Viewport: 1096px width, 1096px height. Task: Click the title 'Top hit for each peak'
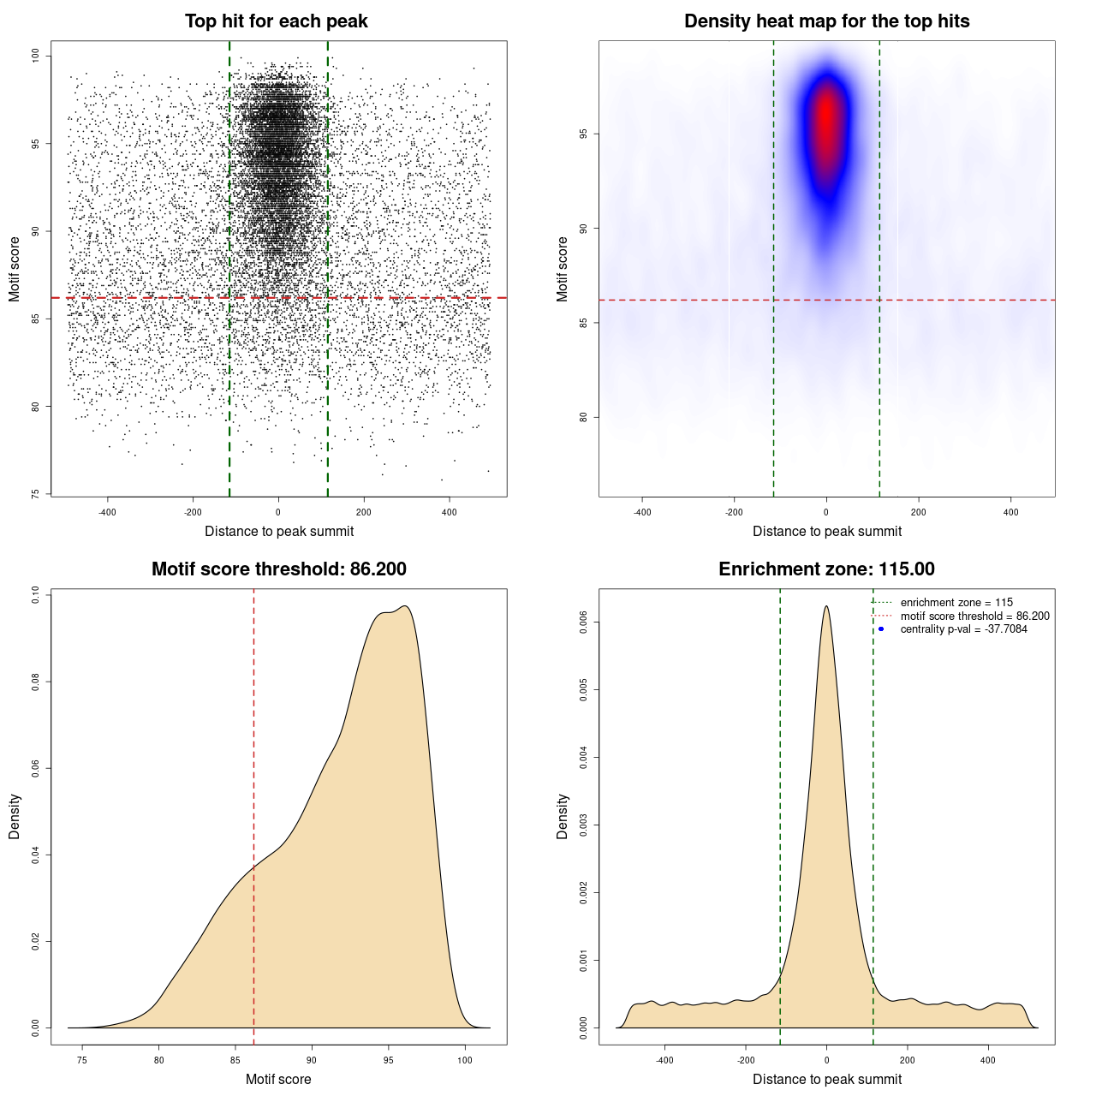(x=276, y=21)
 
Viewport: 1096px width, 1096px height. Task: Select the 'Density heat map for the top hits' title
(x=826, y=21)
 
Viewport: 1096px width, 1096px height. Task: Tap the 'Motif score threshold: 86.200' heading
(x=278, y=569)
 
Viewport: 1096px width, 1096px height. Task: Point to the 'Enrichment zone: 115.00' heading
(x=826, y=569)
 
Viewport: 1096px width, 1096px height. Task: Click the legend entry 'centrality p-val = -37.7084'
(x=963, y=629)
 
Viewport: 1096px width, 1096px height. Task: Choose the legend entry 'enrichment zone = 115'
(x=956, y=603)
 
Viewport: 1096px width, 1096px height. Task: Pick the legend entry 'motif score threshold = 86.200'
(x=974, y=616)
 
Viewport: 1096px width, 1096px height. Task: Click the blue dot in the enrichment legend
(x=881, y=629)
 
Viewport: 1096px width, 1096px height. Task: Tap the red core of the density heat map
(x=826, y=116)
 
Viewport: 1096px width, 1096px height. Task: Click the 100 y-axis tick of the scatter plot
(x=36, y=56)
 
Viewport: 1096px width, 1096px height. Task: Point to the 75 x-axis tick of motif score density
(x=82, y=1060)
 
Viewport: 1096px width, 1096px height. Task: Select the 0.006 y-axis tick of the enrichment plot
(x=584, y=622)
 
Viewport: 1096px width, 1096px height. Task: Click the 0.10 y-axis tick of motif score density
(x=36, y=594)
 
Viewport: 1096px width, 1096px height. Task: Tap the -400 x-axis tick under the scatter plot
(x=107, y=512)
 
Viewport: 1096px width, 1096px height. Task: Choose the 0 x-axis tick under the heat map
(x=826, y=512)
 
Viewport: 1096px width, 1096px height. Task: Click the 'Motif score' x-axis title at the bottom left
(x=278, y=1079)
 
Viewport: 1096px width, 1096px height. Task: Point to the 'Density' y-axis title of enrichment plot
(x=563, y=816)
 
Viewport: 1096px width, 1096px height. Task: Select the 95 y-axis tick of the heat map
(x=584, y=134)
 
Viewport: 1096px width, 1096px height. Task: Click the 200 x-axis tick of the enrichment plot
(x=908, y=1060)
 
